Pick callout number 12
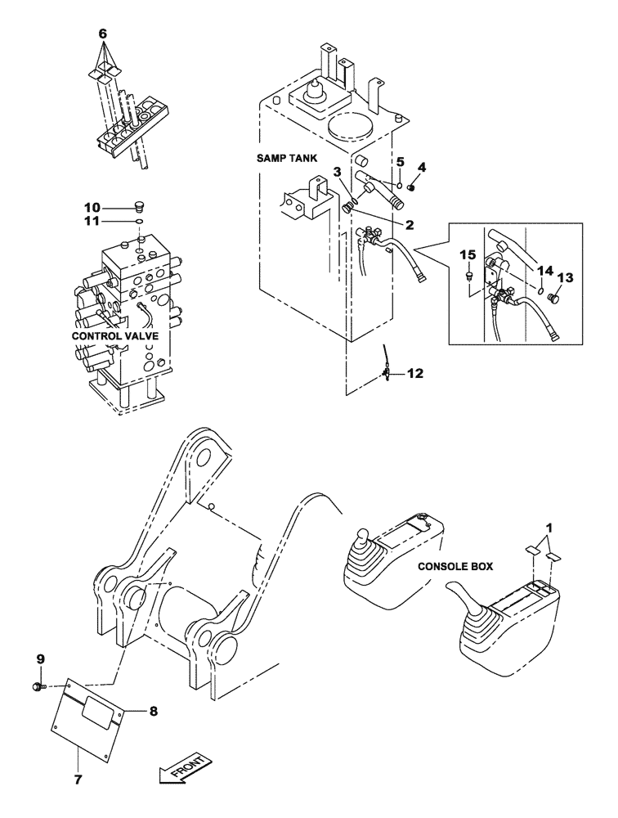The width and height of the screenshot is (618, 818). [415, 374]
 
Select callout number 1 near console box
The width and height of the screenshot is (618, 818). [555, 530]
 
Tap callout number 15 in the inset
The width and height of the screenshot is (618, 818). [469, 255]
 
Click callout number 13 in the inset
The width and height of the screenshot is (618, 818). [565, 276]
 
